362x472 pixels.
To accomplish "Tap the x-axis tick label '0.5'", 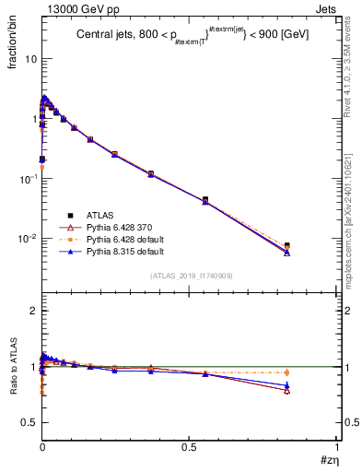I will (x=189, y=446).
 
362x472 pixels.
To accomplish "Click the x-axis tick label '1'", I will (x=336, y=446).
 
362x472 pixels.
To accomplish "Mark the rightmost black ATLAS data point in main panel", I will (x=287, y=246).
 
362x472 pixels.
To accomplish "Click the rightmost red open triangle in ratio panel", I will (x=287, y=391).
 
